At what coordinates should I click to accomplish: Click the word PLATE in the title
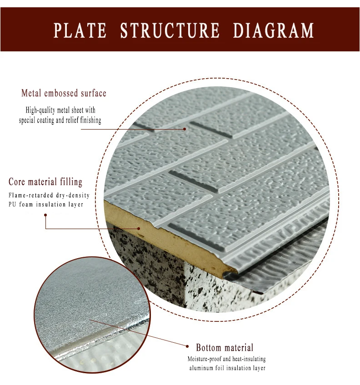click(80, 30)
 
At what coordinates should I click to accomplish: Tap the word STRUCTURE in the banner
click(170, 30)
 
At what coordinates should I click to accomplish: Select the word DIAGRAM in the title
click(274, 30)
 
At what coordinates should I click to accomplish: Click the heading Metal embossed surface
click(64, 94)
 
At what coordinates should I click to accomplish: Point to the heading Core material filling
click(45, 182)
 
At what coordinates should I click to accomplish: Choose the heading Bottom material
click(225, 348)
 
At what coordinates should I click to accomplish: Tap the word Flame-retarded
click(29, 195)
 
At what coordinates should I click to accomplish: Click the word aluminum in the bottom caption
click(203, 368)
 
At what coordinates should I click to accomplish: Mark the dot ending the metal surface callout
click(185, 129)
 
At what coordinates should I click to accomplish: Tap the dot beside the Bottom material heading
click(187, 346)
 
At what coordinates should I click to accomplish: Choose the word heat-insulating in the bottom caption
click(247, 359)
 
